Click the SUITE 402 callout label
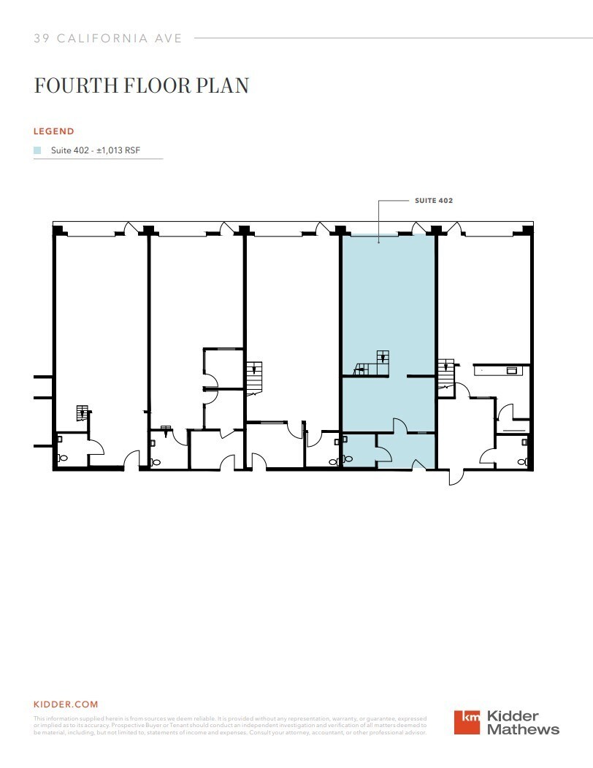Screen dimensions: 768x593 pyautogui.click(x=434, y=200)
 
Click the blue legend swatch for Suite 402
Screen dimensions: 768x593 pyautogui.click(x=37, y=150)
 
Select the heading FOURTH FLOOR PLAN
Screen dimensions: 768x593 pyautogui.click(x=142, y=85)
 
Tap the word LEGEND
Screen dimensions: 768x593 pyautogui.click(x=54, y=131)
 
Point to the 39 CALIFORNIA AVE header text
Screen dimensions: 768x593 pyautogui.click(x=107, y=38)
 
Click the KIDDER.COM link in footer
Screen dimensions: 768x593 pyautogui.click(x=66, y=704)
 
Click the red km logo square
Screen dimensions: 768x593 pyautogui.click(x=467, y=722)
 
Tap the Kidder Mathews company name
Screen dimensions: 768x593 pyautogui.click(x=523, y=722)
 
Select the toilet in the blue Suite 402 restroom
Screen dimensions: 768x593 pyautogui.click(x=348, y=458)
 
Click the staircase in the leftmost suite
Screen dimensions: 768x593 pyautogui.click(x=83, y=414)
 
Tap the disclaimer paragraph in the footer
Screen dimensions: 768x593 pyautogui.click(x=230, y=726)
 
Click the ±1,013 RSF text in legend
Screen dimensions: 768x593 pyautogui.click(x=121, y=150)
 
